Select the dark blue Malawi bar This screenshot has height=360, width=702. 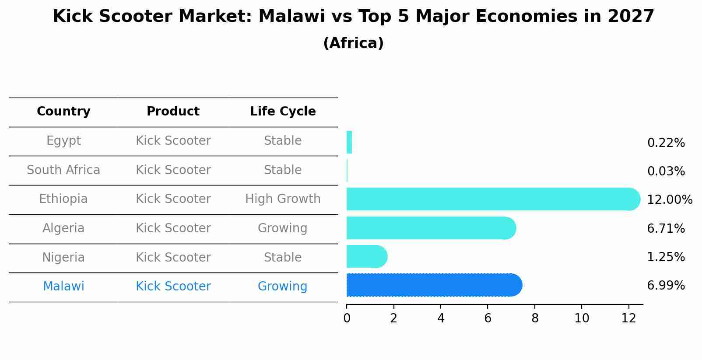click(x=433, y=285)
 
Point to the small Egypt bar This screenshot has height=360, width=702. click(x=349, y=143)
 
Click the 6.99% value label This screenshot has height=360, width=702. click(x=666, y=286)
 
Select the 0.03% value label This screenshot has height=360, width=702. click(x=666, y=171)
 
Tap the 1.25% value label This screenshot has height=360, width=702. click(x=666, y=257)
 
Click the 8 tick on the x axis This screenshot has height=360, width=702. click(x=535, y=318)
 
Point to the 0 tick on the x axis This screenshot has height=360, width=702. click(x=347, y=318)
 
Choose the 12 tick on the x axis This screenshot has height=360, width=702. click(x=628, y=318)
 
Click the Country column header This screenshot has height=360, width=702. click(x=63, y=112)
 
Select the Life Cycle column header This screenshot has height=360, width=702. click(x=283, y=112)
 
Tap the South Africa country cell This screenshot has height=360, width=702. click(x=63, y=170)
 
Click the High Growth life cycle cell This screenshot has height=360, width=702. click(x=283, y=199)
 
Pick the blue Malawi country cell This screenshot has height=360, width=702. click(x=63, y=287)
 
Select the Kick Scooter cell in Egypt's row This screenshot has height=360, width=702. click(x=173, y=141)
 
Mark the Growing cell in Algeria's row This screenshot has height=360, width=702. click(x=283, y=228)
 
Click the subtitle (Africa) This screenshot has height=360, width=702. click(x=353, y=43)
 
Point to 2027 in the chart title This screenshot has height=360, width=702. click(x=631, y=17)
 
